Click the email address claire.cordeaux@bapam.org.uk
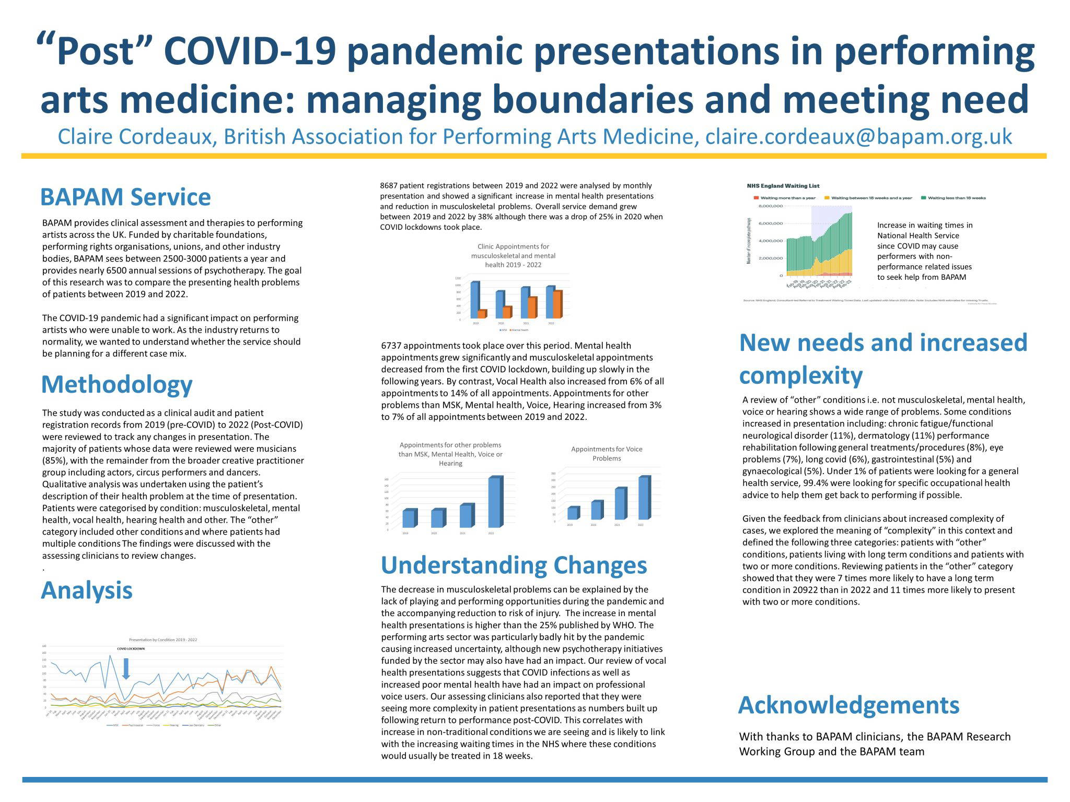[858, 137]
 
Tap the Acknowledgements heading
[848, 705]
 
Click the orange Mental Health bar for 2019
[481, 314]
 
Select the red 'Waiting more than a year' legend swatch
[755, 198]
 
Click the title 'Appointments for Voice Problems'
[607, 453]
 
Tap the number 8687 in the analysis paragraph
[388, 185]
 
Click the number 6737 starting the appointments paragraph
[391, 346]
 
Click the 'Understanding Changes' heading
[514, 565]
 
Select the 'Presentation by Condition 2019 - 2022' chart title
[163, 640]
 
